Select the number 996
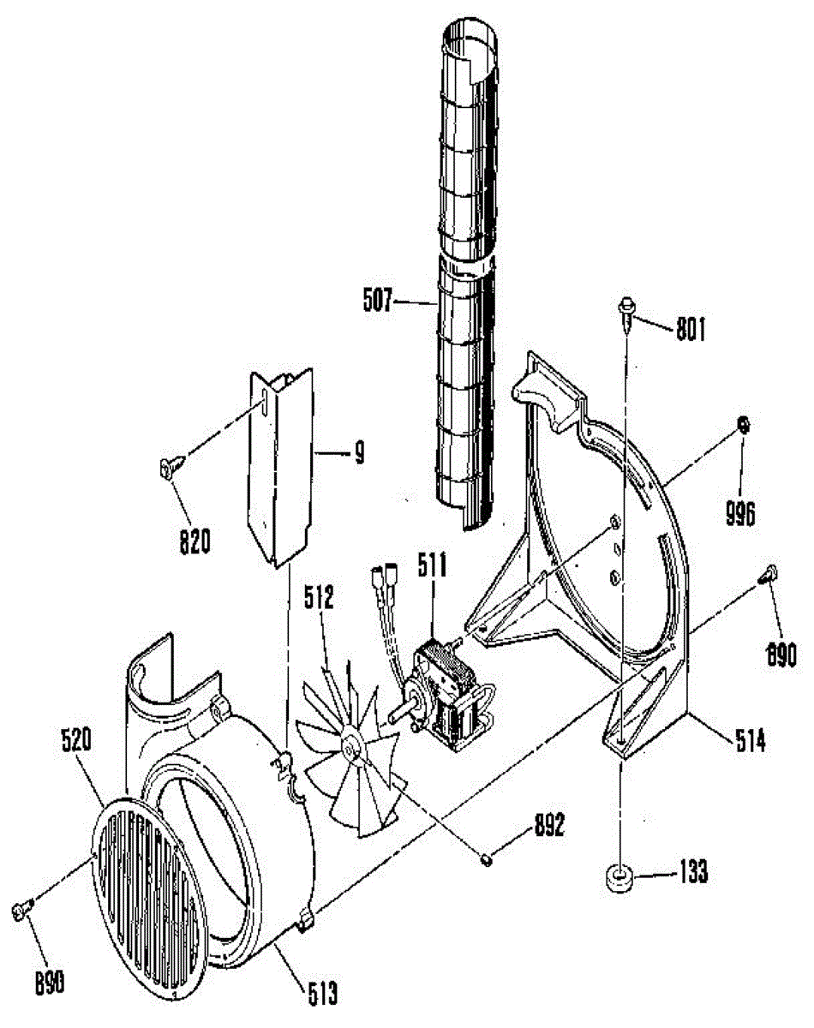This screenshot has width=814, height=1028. [740, 513]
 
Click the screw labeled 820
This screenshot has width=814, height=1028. [166, 467]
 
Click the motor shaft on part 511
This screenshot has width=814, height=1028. [399, 713]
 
